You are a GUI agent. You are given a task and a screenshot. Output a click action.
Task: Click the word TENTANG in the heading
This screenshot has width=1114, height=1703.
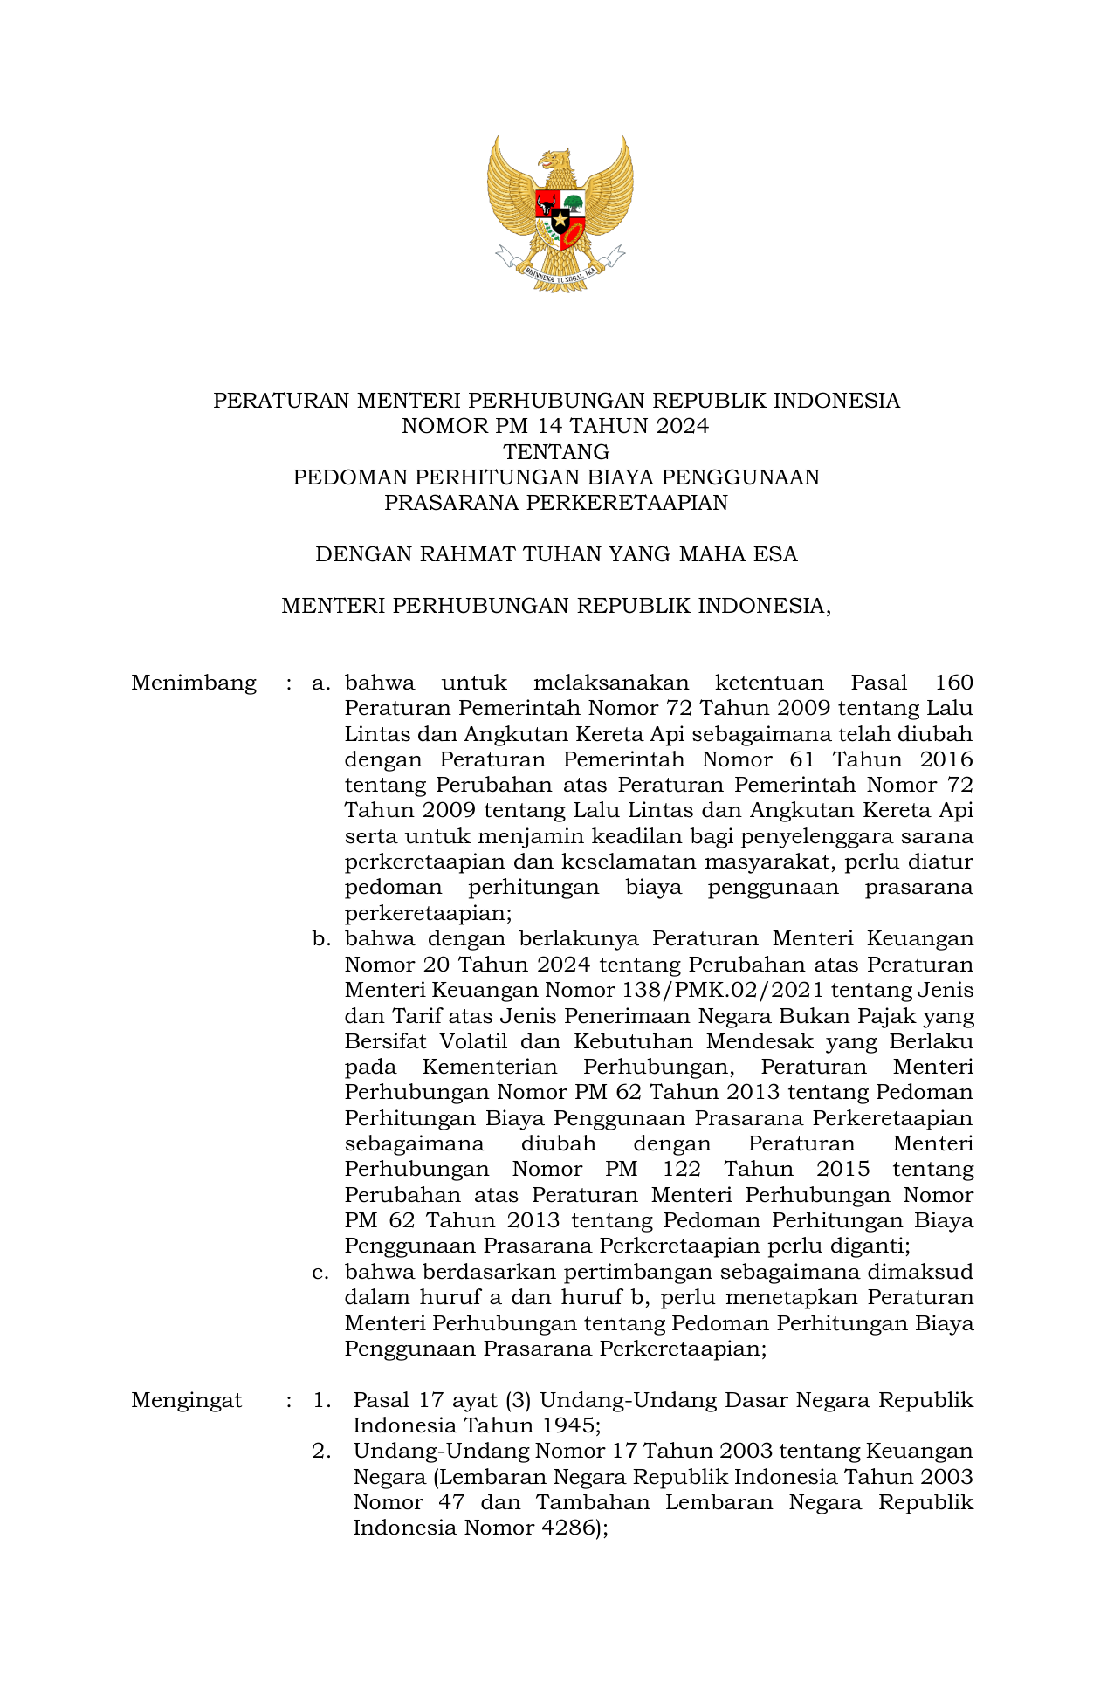(556, 452)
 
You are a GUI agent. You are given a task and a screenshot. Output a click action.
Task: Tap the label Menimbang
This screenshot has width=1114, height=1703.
(194, 683)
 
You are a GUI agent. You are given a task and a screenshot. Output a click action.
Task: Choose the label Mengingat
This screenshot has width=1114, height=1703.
(186, 1401)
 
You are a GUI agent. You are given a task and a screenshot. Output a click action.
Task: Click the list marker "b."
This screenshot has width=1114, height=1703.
(322, 939)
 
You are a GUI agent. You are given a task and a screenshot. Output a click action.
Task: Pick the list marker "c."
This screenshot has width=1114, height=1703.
(321, 1273)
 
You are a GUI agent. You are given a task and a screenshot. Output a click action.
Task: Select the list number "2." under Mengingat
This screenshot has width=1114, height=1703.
(322, 1452)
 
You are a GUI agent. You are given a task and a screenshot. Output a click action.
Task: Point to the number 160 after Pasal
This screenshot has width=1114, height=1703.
(953, 683)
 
